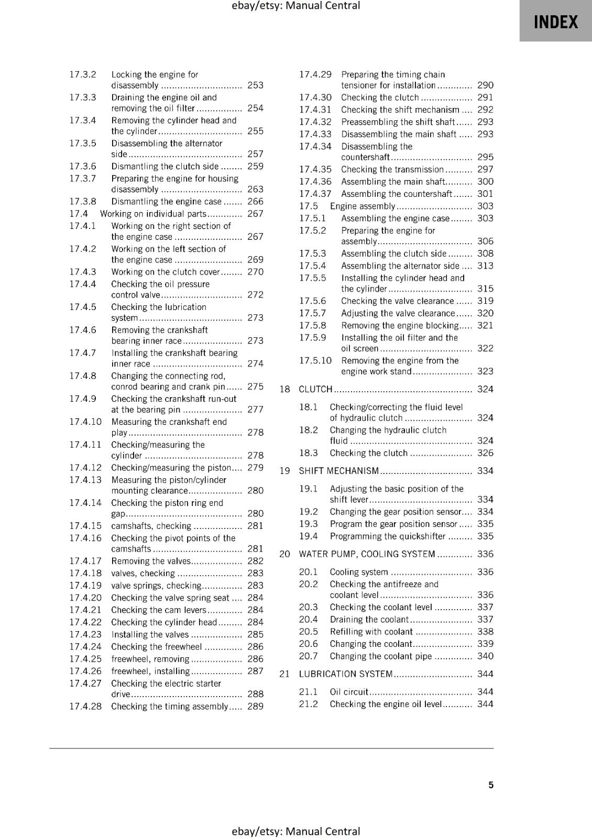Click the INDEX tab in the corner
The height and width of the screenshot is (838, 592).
[x=555, y=21]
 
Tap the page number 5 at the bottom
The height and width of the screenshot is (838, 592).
[x=491, y=785]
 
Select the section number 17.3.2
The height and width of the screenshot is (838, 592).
[x=83, y=74]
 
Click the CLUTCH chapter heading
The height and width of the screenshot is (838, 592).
[x=315, y=389]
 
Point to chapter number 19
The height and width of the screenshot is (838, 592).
[x=284, y=471]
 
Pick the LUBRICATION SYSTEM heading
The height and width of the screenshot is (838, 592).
[x=345, y=674]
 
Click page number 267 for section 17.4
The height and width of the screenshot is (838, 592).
[x=255, y=214]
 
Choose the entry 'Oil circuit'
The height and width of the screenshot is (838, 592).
[x=349, y=692]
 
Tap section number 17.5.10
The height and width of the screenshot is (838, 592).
[x=315, y=360]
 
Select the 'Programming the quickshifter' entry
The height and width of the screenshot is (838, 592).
[x=387, y=536]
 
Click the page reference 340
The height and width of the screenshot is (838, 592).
[x=485, y=656]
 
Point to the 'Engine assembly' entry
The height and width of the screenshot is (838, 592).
[x=362, y=206]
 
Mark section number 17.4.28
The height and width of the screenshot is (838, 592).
[x=85, y=707]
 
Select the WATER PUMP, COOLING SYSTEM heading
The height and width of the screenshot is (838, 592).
[x=367, y=554]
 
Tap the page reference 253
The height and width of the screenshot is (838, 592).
[x=255, y=85]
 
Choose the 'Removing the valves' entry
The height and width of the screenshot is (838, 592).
[x=151, y=561]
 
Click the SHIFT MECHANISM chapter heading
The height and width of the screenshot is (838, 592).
[x=338, y=471]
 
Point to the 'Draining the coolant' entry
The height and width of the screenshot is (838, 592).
[x=369, y=620]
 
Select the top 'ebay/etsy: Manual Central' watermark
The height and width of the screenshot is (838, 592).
[x=295, y=6]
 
